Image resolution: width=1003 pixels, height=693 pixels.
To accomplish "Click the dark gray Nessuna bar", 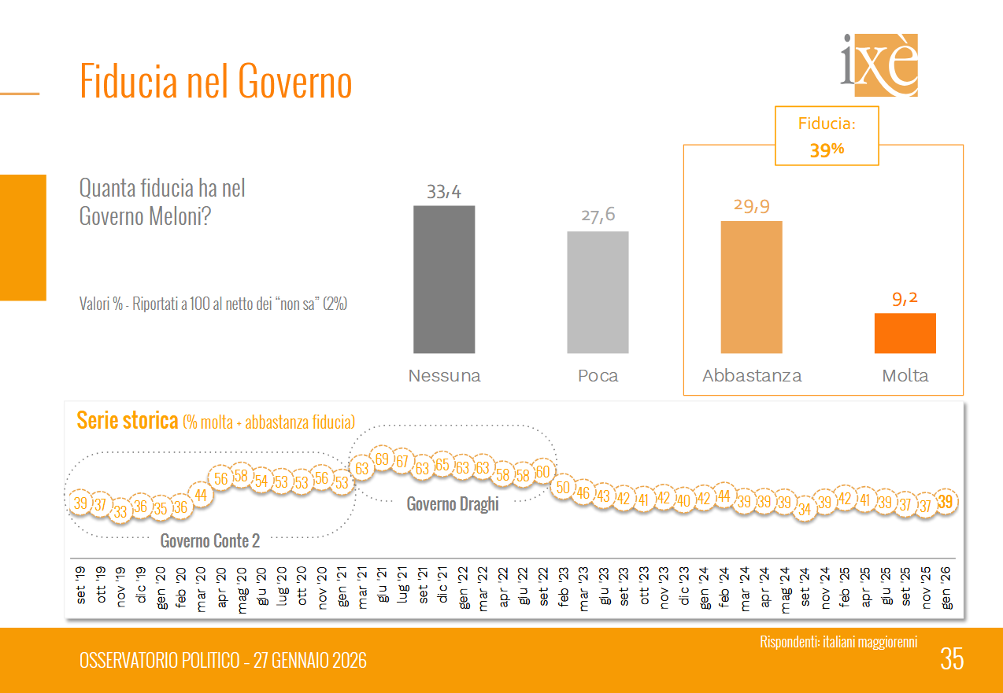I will pos(444,279).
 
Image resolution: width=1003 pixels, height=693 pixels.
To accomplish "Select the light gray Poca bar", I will pos(598,292).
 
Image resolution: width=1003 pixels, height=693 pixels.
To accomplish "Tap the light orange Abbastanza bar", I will pos(751,287).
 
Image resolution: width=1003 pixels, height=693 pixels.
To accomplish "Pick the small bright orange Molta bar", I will pos(905,334).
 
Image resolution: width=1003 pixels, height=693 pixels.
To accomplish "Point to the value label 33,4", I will pos(444,191).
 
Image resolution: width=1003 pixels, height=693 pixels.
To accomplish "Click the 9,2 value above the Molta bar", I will pos(905,299).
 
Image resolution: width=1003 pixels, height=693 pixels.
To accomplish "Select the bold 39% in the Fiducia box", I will pos(827,149).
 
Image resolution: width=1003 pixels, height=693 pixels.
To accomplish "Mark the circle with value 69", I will pos(383,459).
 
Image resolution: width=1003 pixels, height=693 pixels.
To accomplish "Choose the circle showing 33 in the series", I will pos(120,511).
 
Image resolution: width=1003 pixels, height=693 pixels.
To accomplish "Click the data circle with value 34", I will pos(805,508).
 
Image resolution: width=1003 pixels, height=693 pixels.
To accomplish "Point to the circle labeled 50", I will pos(563,488).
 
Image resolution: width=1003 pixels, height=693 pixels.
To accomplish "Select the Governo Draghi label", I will pos(453,504).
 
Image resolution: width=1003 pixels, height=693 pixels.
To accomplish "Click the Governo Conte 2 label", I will pos(209,541).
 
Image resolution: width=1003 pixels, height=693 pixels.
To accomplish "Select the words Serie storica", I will pos(127,421).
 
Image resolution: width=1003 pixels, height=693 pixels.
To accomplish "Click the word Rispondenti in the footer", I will pos(790,642).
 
